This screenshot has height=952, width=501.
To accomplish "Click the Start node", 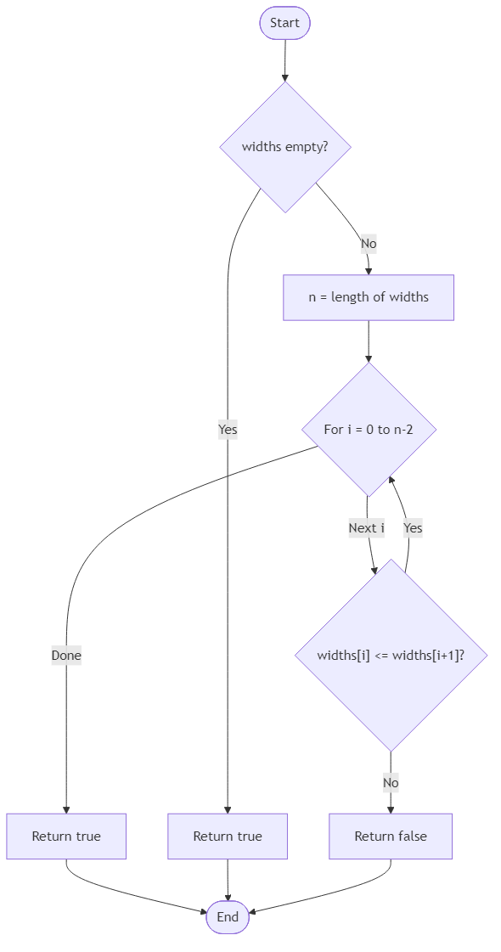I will pyautogui.click(x=284, y=23).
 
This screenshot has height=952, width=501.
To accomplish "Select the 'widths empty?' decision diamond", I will pyautogui.click(x=284, y=147).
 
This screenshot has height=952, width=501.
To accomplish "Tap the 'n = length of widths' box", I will pyautogui.click(x=369, y=297).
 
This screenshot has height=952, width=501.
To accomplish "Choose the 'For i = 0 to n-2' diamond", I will pyautogui.click(x=369, y=429).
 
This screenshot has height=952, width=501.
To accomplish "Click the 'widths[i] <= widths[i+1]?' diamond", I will pyautogui.click(x=391, y=655).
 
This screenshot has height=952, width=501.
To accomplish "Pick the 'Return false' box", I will pyautogui.click(x=391, y=837).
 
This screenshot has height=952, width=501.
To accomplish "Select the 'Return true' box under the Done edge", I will pyautogui.click(x=66, y=837).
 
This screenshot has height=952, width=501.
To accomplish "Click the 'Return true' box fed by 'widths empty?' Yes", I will pyautogui.click(x=228, y=837).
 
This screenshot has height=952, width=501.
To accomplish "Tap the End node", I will pyautogui.click(x=228, y=917).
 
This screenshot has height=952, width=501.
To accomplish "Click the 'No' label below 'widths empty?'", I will pyautogui.click(x=368, y=244).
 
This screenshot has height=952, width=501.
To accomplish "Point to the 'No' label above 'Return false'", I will pyautogui.click(x=391, y=782).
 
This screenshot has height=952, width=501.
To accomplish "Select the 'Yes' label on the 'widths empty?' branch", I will pyautogui.click(x=228, y=430).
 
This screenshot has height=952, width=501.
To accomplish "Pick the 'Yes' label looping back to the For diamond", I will pyautogui.click(x=413, y=528).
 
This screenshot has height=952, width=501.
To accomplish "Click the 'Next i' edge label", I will pyautogui.click(x=366, y=528).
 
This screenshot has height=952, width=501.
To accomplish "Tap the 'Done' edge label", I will pyautogui.click(x=66, y=656).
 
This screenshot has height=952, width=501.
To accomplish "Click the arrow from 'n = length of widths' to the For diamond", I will pyautogui.click(x=369, y=341).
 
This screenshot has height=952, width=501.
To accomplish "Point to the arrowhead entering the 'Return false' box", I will pyautogui.click(x=391, y=808).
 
